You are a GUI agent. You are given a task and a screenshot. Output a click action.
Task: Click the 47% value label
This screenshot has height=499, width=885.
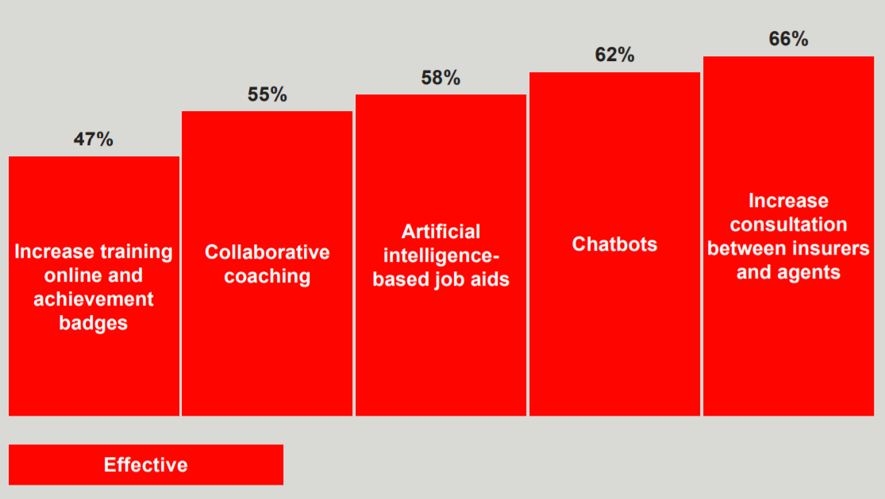click(x=93, y=139)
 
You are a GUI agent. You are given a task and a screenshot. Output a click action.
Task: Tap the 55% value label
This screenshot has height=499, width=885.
click(x=267, y=94)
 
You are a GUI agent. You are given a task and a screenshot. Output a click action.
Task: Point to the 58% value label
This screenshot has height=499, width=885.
click(x=441, y=77)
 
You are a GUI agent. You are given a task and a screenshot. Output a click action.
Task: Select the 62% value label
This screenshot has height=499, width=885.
click(x=614, y=55)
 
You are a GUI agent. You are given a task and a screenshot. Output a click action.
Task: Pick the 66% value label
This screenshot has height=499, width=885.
click(x=788, y=39)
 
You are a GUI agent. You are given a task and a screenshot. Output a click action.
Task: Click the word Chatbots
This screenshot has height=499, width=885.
click(x=614, y=244)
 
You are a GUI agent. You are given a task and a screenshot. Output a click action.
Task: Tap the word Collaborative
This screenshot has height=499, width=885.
click(x=267, y=252)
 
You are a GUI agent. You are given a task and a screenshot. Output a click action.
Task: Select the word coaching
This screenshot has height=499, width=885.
click(x=267, y=276)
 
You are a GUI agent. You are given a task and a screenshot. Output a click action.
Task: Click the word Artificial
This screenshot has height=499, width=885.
click(x=441, y=231)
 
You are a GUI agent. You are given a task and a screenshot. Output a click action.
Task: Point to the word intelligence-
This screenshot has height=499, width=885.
click(x=441, y=256)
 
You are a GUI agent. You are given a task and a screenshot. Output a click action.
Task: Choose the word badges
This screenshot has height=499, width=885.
click(x=93, y=323)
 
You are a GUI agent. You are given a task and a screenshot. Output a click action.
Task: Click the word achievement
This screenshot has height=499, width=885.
click(x=93, y=299)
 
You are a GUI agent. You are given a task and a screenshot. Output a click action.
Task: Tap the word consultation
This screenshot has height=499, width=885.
click(x=788, y=225)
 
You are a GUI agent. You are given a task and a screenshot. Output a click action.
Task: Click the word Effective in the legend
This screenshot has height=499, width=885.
click(x=145, y=465)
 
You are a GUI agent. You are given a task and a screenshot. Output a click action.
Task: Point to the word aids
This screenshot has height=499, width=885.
click(x=491, y=279)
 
